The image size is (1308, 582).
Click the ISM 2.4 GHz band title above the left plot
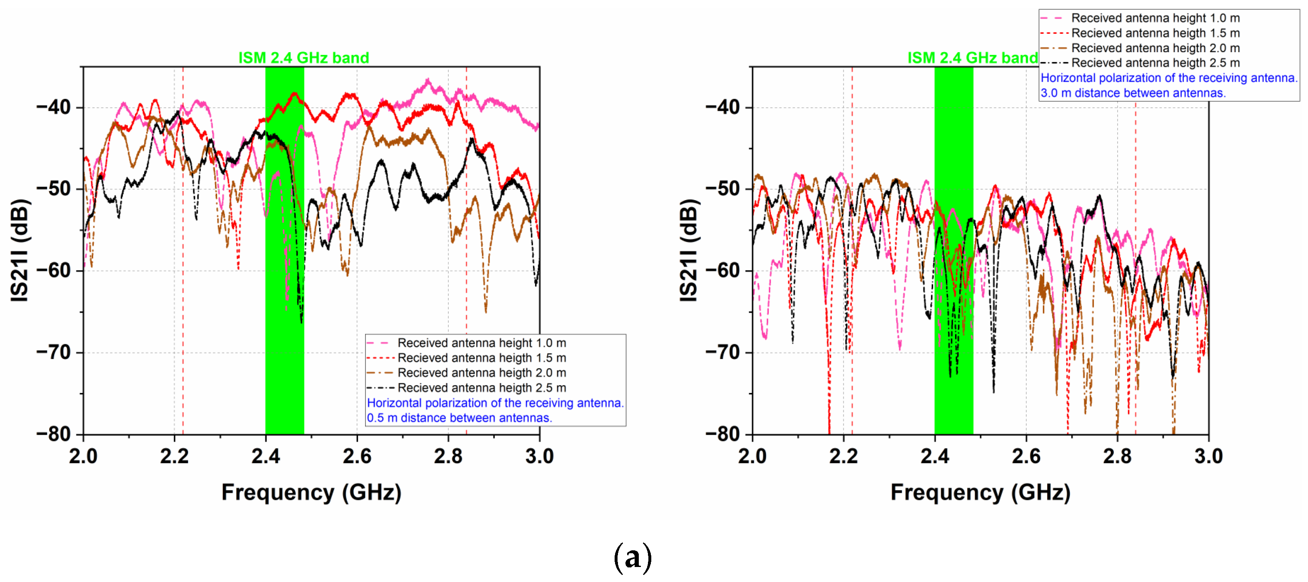pyautogui.click(x=304, y=58)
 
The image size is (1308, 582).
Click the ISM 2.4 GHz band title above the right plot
pyautogui.click(x=973, y=58)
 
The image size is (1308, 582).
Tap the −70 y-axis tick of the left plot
pyautogui.click(x=54, y=352)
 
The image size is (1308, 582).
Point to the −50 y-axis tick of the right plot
pyautogui.click(x=723, y=188)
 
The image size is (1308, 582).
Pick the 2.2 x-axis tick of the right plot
pyautogui.click(x=843, y=456)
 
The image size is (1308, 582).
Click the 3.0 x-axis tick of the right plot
pyautogui.click(x=1208, y=456)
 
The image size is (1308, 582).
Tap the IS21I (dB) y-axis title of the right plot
pyautogui.click(x=689, y=251)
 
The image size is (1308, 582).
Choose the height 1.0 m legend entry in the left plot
pyautogui.click(x=481, y=343)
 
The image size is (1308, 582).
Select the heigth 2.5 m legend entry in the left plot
pyautogui.click(x=481, y=388)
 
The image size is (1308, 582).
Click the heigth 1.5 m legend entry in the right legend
pyautogui.click(x=1155, y=33)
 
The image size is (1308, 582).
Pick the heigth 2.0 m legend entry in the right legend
pyautogui.click(x=1155, y=48)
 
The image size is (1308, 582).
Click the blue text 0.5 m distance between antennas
pyautogui.click(x=459, y=418)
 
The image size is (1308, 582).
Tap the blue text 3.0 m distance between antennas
pyautogui.click(x=1133, y=93)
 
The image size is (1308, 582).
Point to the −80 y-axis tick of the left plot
pyautogui.click(x=54, y=434)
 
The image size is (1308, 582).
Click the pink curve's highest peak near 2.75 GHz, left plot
pyautogui.click(x=428, y=80)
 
